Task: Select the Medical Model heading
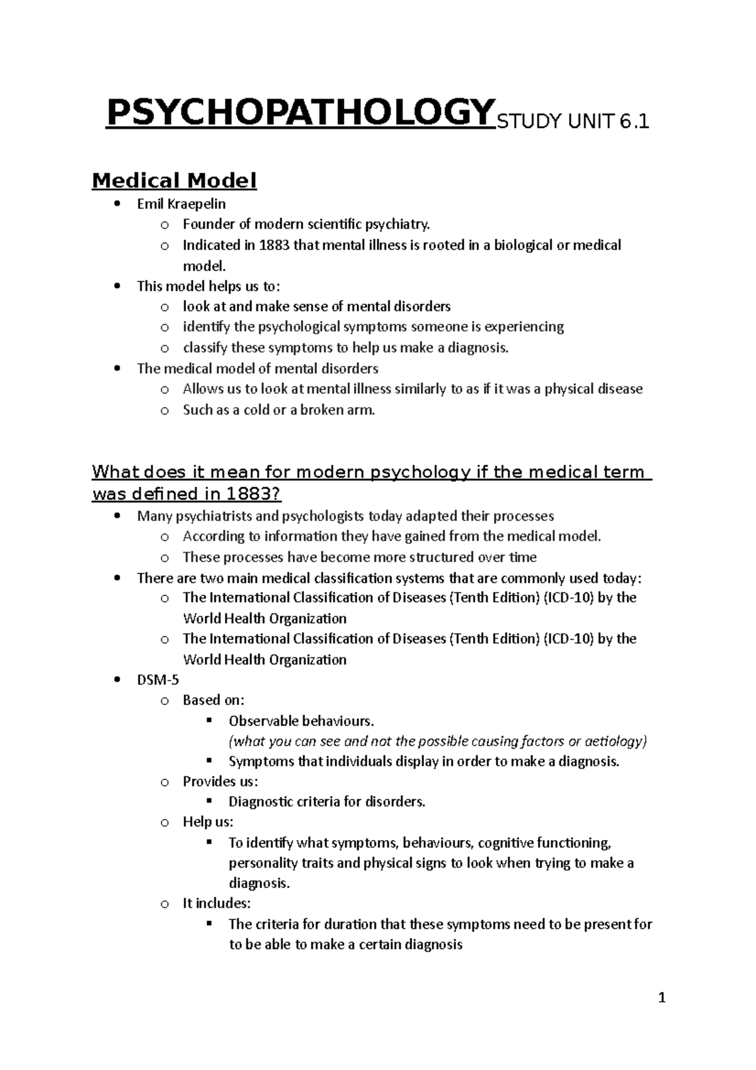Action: pos(174,181)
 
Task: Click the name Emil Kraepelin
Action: pos(181,204)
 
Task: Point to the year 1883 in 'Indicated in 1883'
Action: pos(274,245)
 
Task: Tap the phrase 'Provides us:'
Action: pos(220,782)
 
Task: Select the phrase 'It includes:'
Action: pos(216,904)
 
